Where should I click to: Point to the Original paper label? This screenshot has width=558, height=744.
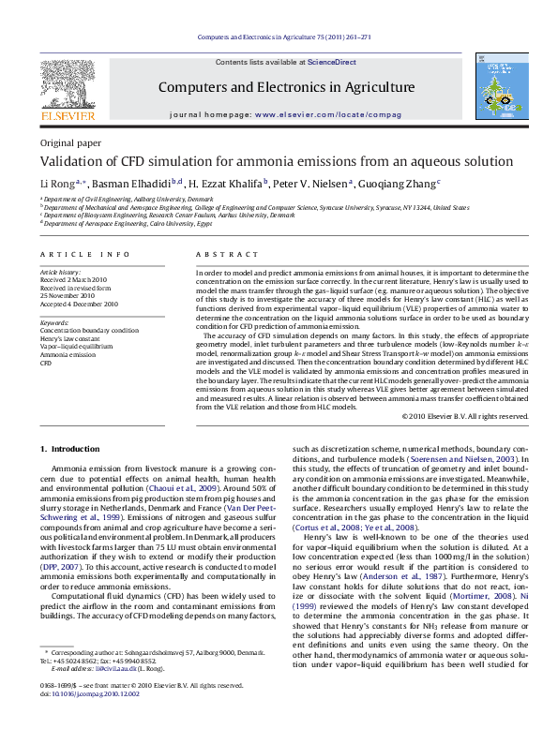tap(69, 142)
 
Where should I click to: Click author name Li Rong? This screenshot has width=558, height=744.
tap(56, 184)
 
